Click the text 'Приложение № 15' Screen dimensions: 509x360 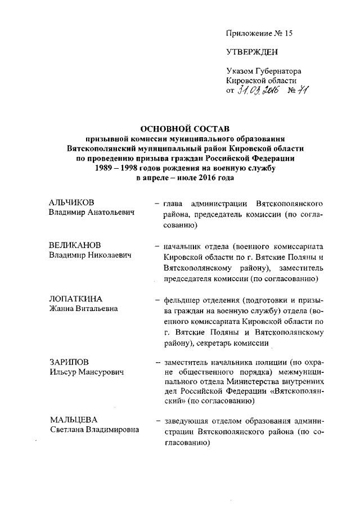pos(259,33)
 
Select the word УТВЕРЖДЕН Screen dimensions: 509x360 pos(251,53)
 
